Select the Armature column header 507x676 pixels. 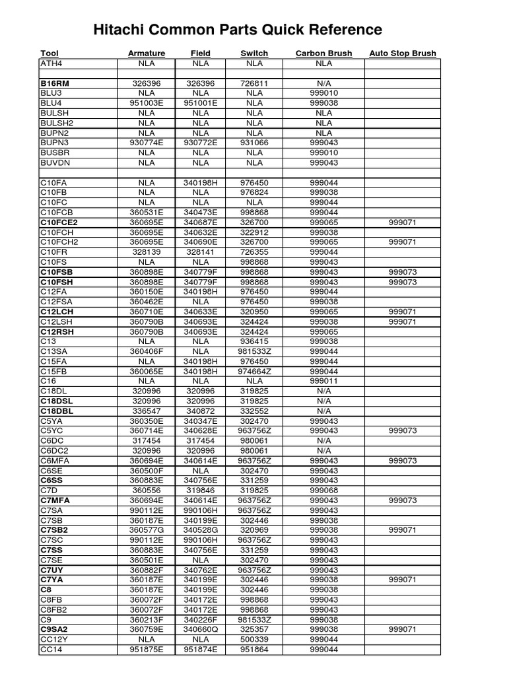(x=147, y=53)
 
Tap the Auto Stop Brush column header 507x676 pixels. (x=403, y=53)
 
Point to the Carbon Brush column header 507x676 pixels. (x=323, y=53)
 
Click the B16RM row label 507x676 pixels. (x=55, y=84)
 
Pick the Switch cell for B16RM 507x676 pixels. (x=254, y=84)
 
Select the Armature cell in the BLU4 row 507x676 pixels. (x=147, y=104)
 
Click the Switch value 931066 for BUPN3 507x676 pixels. (x=254, y=143)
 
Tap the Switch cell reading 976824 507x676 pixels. (x=254, y=192)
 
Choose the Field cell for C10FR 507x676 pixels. (x=200, y=252)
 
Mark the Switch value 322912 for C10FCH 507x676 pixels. (x=254, y=232)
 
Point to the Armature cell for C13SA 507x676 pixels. (x=147, y=351)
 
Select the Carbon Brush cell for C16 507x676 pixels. (x=323, y=381)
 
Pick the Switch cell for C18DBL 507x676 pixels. (x=254, y=411)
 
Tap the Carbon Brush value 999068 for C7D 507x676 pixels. (x=323, y=490)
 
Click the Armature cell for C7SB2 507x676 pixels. (x=147, y=530)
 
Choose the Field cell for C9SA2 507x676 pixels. (x=200, y=630)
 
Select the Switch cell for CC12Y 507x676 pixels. (x=254, y=640)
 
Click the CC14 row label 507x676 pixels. (x=50, y=650)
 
